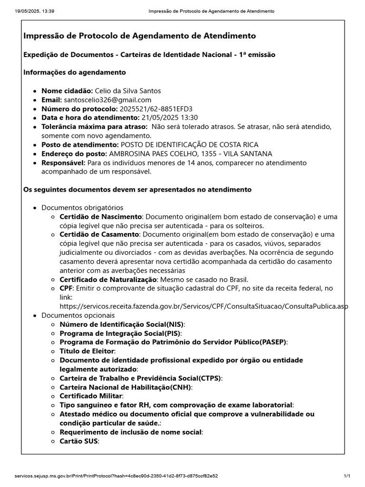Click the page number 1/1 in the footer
(x=347, y=476)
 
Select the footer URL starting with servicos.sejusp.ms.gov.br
(x=116, y=476)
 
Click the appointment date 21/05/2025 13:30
(x=169, y=117)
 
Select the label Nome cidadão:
(x=67, y=90)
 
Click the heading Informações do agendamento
(x=75, y=72)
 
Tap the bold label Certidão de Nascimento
(x=101, y=216)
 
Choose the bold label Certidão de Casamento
(x=100, y=234)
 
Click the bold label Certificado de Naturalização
(x=108, y=279)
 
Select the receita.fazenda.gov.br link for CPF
(x=203, y=306)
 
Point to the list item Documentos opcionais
(x=78, y=315)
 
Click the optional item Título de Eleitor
(x=87, y=351)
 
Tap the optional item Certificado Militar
(x=91, y=396)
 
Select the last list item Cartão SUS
(x=78, y=441)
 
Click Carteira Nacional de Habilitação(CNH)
(x=125, y=387)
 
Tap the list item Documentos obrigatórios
(x=82, y=207)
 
